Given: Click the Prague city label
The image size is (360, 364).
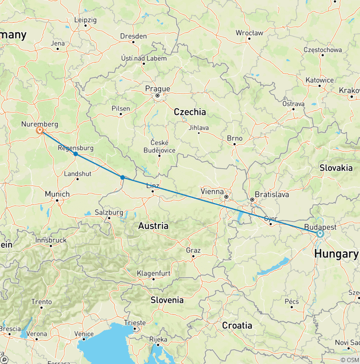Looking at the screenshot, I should click(157, 89).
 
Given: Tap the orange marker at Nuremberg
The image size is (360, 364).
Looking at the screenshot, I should click(40, 131).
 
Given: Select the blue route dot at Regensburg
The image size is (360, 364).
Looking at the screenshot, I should click(75, 154).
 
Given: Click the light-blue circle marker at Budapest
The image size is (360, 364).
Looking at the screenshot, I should click(320, 233).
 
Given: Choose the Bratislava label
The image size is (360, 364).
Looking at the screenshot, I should click(271, 194).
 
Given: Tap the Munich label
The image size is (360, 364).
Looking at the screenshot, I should click(57, 194).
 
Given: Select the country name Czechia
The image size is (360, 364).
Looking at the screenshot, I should click(190, 112).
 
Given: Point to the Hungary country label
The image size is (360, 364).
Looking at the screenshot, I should click(336, 254).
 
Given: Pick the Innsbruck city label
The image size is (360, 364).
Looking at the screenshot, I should click(51, 240).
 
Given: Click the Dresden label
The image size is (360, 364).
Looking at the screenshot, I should click(133, 36).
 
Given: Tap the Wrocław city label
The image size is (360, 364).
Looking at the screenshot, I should click(249, 33).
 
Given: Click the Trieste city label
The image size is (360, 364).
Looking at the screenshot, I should click(135, 323).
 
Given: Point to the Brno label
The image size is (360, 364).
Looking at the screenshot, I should click(234, 138).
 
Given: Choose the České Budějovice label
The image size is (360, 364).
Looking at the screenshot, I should click(160, 146).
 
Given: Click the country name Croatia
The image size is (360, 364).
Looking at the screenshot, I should click(237, 325).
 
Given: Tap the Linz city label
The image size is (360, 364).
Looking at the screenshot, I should click(153, 186).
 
